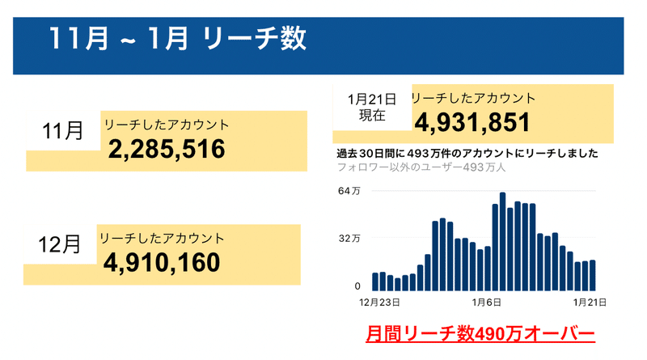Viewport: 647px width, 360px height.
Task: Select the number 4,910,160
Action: point(162,262)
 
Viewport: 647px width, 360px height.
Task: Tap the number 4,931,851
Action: point(472,123)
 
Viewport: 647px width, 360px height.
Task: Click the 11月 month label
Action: point(62,130)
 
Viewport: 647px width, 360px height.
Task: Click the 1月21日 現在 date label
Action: point(371,108)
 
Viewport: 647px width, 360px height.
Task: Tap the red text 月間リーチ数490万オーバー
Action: point(480,332)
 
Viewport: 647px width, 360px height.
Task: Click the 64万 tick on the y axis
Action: point(349,191)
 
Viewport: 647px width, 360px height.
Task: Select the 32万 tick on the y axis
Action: point(349,239)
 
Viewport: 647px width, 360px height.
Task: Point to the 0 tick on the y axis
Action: point(357,286)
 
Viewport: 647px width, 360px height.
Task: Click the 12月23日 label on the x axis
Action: point(379,302)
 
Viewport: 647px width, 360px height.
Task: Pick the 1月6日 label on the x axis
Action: point(487,302)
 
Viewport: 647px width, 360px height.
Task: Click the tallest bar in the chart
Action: point(502,242)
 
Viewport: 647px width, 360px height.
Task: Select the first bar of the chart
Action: point(375,282)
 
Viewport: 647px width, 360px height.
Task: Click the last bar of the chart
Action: point(593,275)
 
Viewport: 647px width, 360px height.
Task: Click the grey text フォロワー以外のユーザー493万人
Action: point(421,167)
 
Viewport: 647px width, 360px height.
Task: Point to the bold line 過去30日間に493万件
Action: point(467,153)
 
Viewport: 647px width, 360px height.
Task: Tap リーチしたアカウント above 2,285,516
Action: point(166,125)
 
